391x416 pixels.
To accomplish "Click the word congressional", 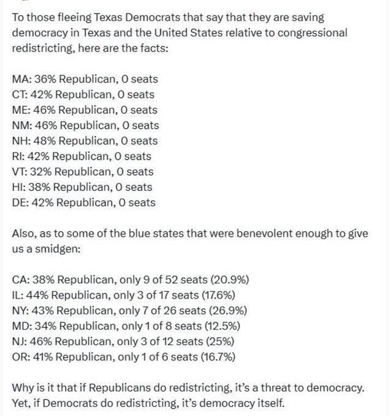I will pyautogui.click(x=318, y=32).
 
